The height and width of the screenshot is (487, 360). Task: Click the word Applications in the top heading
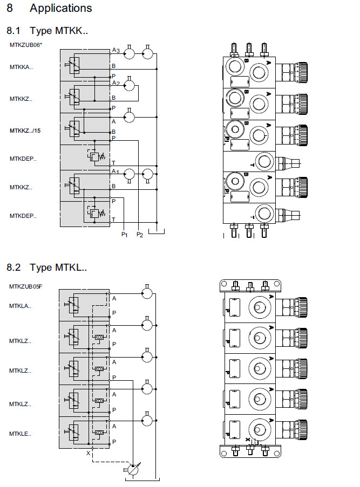click(x=60, y=8)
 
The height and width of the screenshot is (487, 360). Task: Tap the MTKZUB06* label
click(x=25, y=45)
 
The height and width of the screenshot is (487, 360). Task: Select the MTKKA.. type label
click(x=21, y=67)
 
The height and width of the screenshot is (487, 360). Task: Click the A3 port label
click(x=116, y=51)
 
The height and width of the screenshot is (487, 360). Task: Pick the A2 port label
click(x=116, y=84)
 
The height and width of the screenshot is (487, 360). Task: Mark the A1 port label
click(x=114, y=172)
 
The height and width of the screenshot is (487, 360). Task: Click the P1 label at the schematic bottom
click(x=124, y=234)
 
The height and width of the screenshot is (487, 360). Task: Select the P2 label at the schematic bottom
click(x=139, y=234)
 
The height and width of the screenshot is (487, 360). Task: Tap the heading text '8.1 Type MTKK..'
click(x=47, y=31)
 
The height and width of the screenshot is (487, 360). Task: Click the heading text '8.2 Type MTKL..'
click(x=46, y=267)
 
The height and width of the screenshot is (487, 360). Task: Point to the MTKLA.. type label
click(x=20, y=306)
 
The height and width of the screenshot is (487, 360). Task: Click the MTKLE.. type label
click(x=20, y=434)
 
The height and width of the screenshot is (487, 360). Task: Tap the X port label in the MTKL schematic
click(x=88, y=453)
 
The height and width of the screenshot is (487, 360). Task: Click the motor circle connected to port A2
click(x=129, y=85)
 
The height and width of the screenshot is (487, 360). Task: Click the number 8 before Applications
click(x=10, y=8)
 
